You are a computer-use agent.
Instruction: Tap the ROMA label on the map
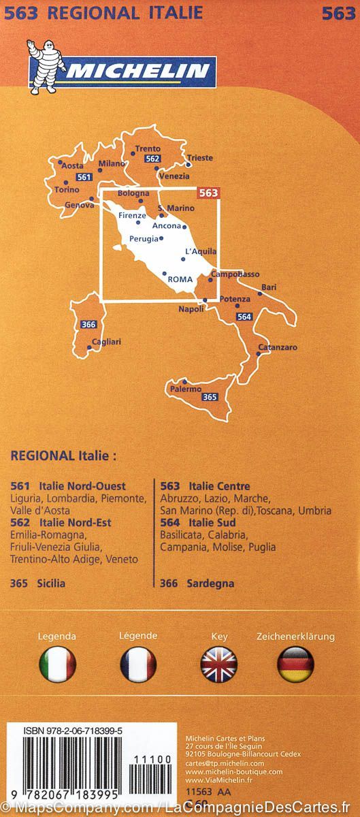pyautogui.click(x=180, y=279)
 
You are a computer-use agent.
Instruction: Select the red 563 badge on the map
pyautogui.click(x=208, y=193)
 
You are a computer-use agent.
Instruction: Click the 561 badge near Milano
pyautogui.click(x=84, y=177)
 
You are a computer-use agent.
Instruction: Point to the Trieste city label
pyautogui.click(x=201, y=158)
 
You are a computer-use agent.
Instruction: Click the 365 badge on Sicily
pyautogui.click(x=210, y=397)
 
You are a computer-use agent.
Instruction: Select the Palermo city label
pyautogui.click(x=186, y=389)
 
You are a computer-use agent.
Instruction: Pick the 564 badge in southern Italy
pyautogui.click(x=244, y=316)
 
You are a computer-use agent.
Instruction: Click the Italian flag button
pyautogui.click(x=57, y=664)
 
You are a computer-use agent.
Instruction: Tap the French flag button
pyautogui.click(x=137, y=664)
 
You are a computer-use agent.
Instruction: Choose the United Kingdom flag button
pyautogui.click(x=218, y=664)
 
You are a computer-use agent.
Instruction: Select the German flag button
pyautogui.click(x=295, y=664)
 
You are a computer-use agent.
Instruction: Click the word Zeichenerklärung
pyautogui.click(x=295, y=637)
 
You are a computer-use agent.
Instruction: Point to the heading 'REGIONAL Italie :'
pyautogui.click(x=64, y=455)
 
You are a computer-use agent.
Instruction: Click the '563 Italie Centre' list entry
pyautogui.click(x=205, y=486)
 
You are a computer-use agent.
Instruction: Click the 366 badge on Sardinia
pyautogui.click(x=88, y=324)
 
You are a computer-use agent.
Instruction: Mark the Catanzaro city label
pyautogui.click(x=278, y=348)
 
